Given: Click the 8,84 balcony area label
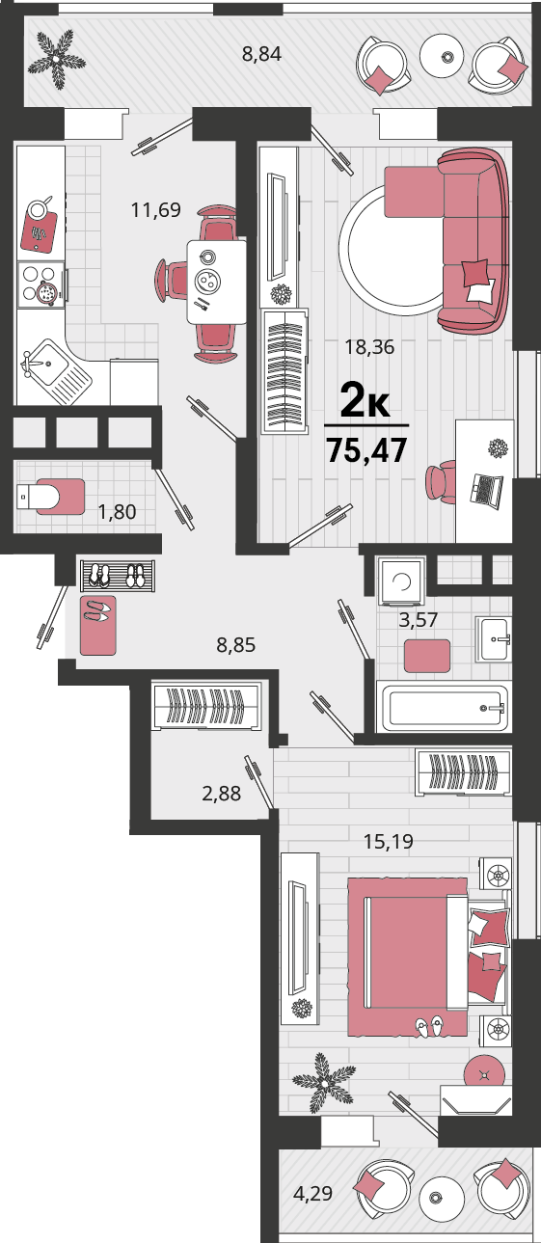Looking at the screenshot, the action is tap(261, 54).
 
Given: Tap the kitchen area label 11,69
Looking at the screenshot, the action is tap(156, 210).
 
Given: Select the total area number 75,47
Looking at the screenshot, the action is tap(366, 449).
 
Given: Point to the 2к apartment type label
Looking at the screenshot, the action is tap(365, 400).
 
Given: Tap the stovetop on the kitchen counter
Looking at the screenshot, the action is tap(41, 284).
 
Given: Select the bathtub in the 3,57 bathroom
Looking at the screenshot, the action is tap(444, 708).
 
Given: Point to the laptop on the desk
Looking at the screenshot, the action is tap(486, 489).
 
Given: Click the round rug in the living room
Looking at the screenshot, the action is tap(392, 250).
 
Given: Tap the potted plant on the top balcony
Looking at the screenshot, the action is tap(57, 58).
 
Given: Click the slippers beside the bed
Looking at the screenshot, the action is tap(430, 1027).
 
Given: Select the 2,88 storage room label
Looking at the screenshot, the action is tap(222, 794).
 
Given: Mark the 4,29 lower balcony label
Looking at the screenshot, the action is tap(312, 1193).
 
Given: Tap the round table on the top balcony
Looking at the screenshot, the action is tap(442, 56).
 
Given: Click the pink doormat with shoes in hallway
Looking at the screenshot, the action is tap(98, 626).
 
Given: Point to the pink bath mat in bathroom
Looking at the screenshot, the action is tap(426, 656).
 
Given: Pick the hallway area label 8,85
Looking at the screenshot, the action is tap(236, 645).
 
